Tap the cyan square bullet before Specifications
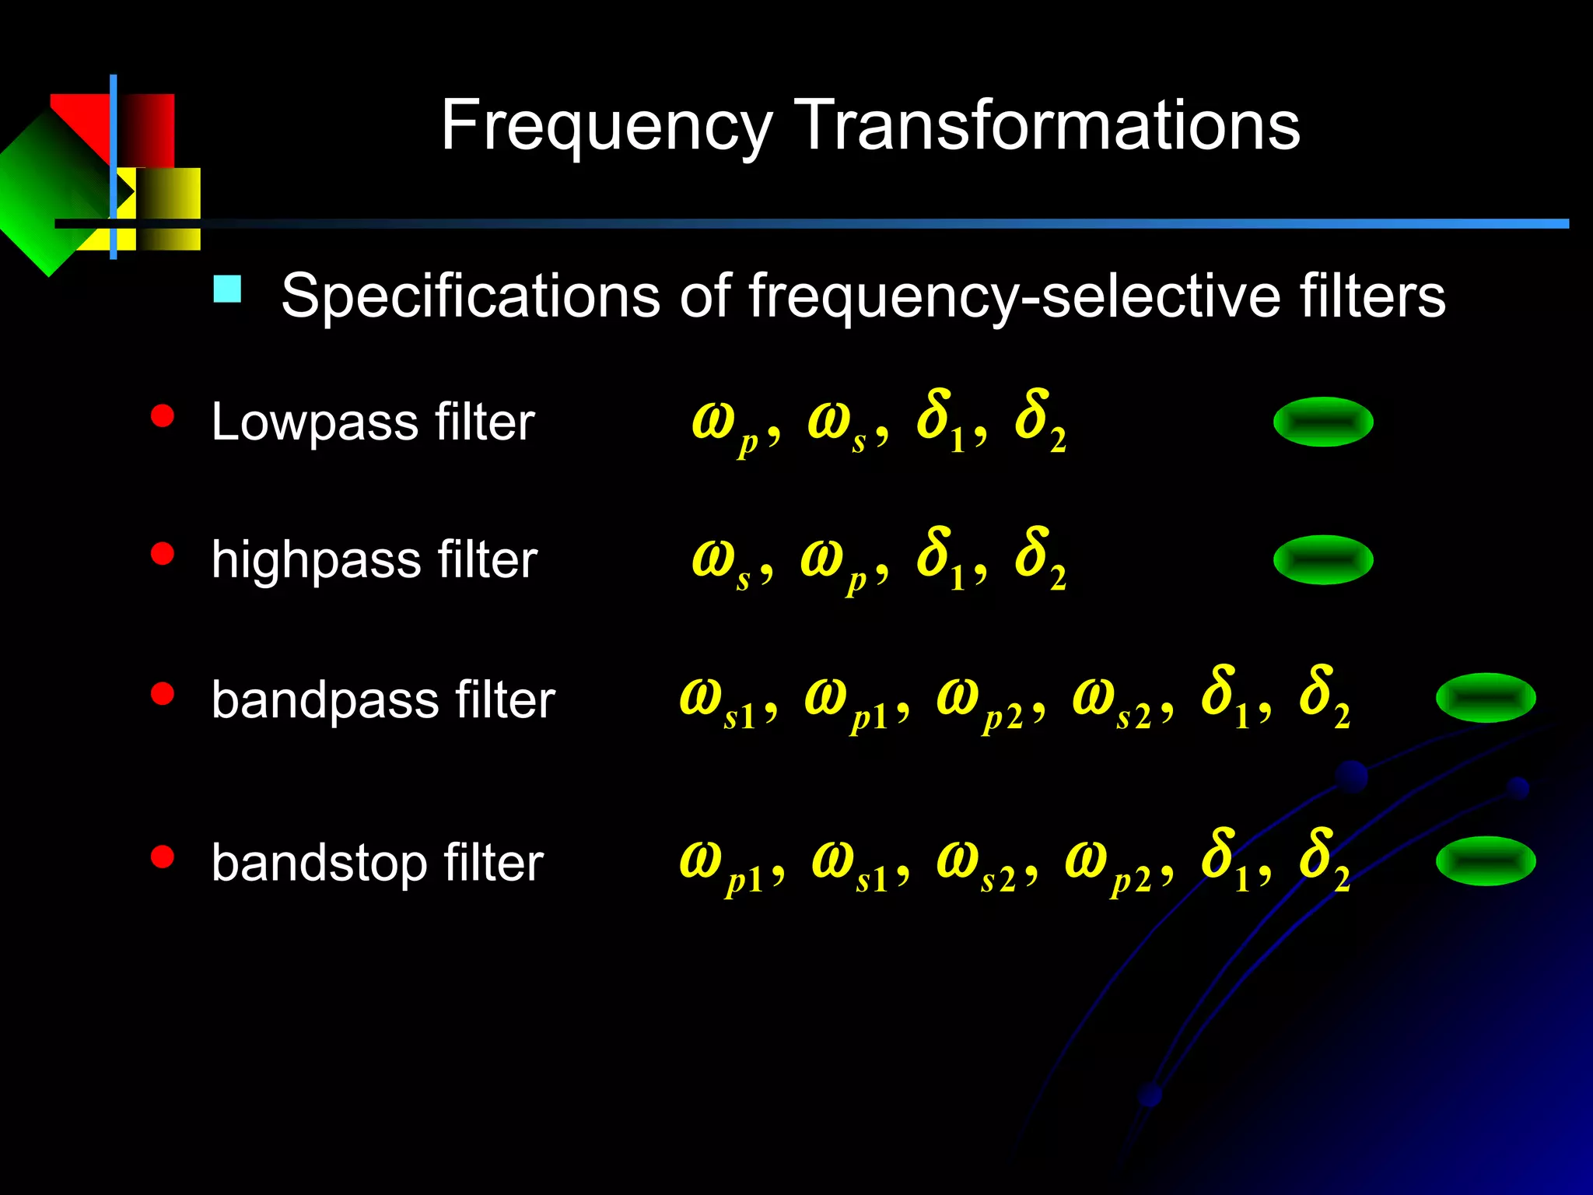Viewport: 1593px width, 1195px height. coord(227,289)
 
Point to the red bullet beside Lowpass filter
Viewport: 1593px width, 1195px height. coord(163,416)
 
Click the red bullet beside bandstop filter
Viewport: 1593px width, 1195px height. coord(163,857)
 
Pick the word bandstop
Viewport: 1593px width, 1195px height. coord(319,863)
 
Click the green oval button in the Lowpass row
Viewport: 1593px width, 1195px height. coord(1322,422)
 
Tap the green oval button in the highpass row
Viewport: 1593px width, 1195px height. coord(1322,559)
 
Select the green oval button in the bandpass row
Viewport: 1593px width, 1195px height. coord(1485,698)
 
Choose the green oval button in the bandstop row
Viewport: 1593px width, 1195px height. coord(1485,860)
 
